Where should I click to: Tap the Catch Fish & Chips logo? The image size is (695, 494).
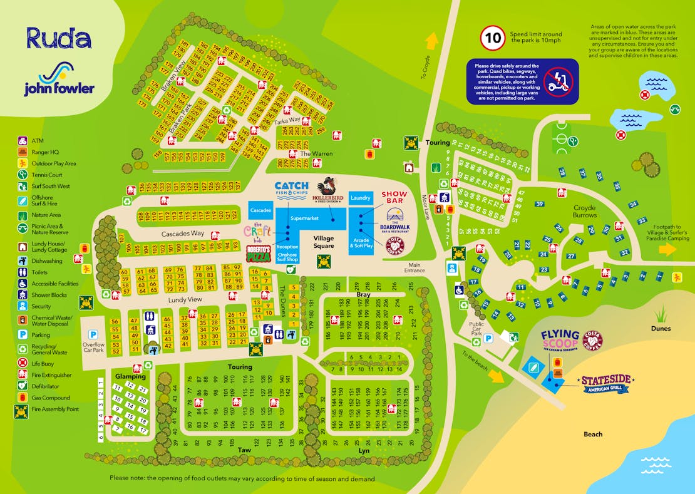coord(291,188)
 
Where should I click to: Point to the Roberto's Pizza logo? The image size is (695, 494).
coord(258,253)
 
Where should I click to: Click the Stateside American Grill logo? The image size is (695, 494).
coord(605,383)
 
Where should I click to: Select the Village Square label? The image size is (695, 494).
coord(324,242)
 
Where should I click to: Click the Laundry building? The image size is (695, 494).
coord(361,198)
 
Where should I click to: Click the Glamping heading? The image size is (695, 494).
coord(130,376)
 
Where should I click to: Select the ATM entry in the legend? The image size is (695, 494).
coord(38,141)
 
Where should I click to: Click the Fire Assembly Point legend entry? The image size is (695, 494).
coord(55,409)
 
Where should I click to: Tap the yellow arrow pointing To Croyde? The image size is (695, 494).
coord(431,41)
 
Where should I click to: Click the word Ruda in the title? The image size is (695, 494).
coord(59,38)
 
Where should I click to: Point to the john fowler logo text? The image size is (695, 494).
coord(59,88)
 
